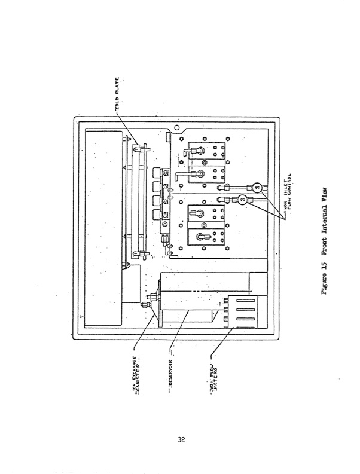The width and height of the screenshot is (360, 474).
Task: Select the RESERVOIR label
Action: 170,367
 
